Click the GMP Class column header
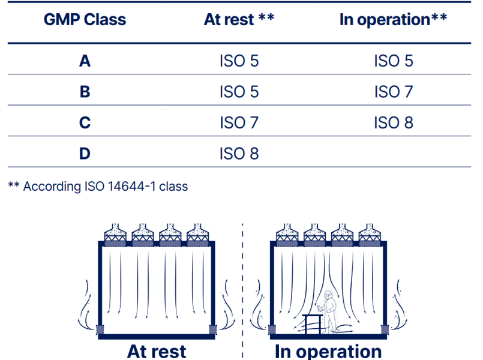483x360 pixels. tap(85, 19)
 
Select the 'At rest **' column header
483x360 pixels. tap(239, 19)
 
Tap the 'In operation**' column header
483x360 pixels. tap(393, 19)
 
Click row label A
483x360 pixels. tap(85, 61)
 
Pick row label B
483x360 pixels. tap(85, 92)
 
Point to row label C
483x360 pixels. tap(85, 123)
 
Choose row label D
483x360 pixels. tap(85, 154)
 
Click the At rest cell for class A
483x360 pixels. tap(239, 61)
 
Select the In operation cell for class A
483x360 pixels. tap(394, 61)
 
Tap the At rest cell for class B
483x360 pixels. tap(239, 92)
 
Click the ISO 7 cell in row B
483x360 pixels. tap(394, 92)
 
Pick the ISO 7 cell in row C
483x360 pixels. tap(239, 123)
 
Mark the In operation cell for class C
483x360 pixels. tap(394, 123)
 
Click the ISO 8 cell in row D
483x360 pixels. tap(239, 154)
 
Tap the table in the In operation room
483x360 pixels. tap(312, 323)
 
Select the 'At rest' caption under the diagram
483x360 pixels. tap(157, 351)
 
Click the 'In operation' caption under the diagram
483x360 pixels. tap(328, 351)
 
